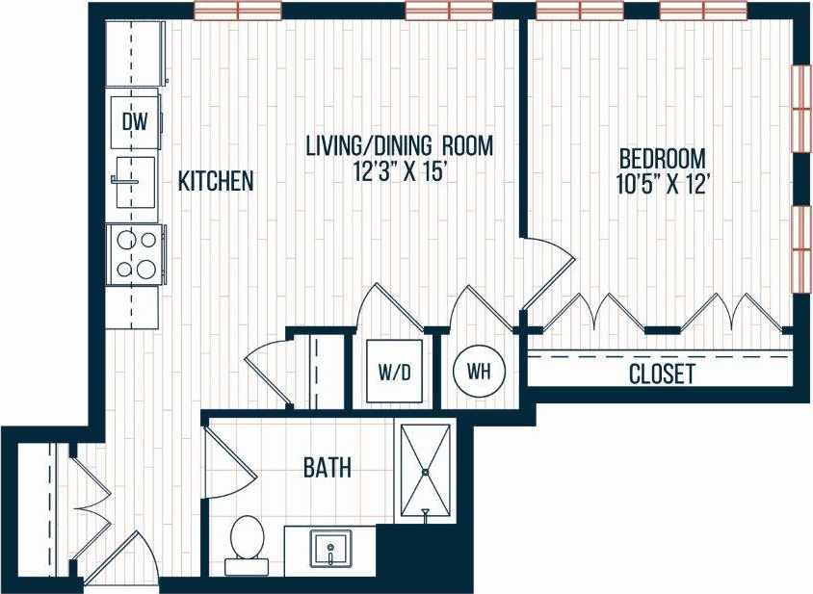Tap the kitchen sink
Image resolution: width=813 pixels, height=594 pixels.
pyautogui.click(x=133, y=182)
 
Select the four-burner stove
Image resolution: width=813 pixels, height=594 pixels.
pyautogui.click(x=135, y=254)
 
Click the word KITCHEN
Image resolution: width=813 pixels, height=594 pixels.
pyautogui.click(x=216, y=181)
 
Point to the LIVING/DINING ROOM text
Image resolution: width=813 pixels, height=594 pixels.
pyautogui.click(x=399, y=146)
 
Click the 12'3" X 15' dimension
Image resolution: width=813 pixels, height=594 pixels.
pyautogui.click(x=399, y=174)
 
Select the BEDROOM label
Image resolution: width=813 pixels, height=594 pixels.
pyautogui.click(x=662, y=158)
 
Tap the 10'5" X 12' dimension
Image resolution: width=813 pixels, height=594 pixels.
pyautogui.click(x=662, y=185)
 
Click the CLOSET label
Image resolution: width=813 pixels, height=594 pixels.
pyautogui.click(x=662, y=374)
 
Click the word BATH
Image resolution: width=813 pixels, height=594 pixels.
pyautogui.click(x=327, y=469)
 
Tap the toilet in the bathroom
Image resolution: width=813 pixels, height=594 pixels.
pyautogui.click(x=248, y=540)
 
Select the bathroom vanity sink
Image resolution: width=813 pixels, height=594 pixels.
pyautogui.click(x=330, y=550)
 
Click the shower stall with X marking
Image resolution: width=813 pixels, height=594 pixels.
pyautogui.click(x=425, y=470)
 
